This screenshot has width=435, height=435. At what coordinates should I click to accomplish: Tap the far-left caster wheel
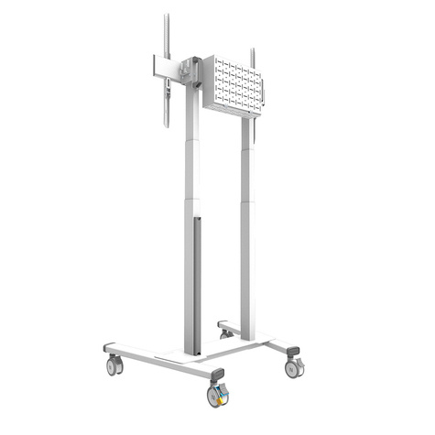point(114,365)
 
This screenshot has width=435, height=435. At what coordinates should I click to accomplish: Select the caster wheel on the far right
point(293,367)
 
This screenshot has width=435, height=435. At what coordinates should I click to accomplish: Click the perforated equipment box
point(232,84)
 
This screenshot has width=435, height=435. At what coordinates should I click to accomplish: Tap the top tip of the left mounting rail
point(167,16)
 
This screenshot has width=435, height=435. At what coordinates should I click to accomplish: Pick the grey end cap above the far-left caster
point(110,349)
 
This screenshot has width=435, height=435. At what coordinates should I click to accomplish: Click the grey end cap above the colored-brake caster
point(216,375)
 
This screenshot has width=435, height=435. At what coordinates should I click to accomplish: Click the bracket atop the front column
point(190,73)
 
